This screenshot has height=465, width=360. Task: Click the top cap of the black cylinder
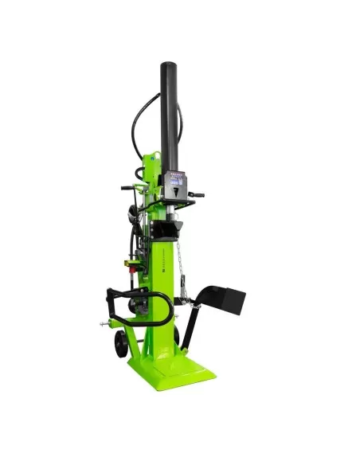tap(169, 65)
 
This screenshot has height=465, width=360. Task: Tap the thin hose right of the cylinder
tap(180, 127)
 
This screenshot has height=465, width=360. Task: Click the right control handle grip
tap(198, 194)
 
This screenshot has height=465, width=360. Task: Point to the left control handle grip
tap(126, 189)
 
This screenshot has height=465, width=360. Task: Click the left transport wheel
tap(121, 344)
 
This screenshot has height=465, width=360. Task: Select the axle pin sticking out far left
tap(103, 325)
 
